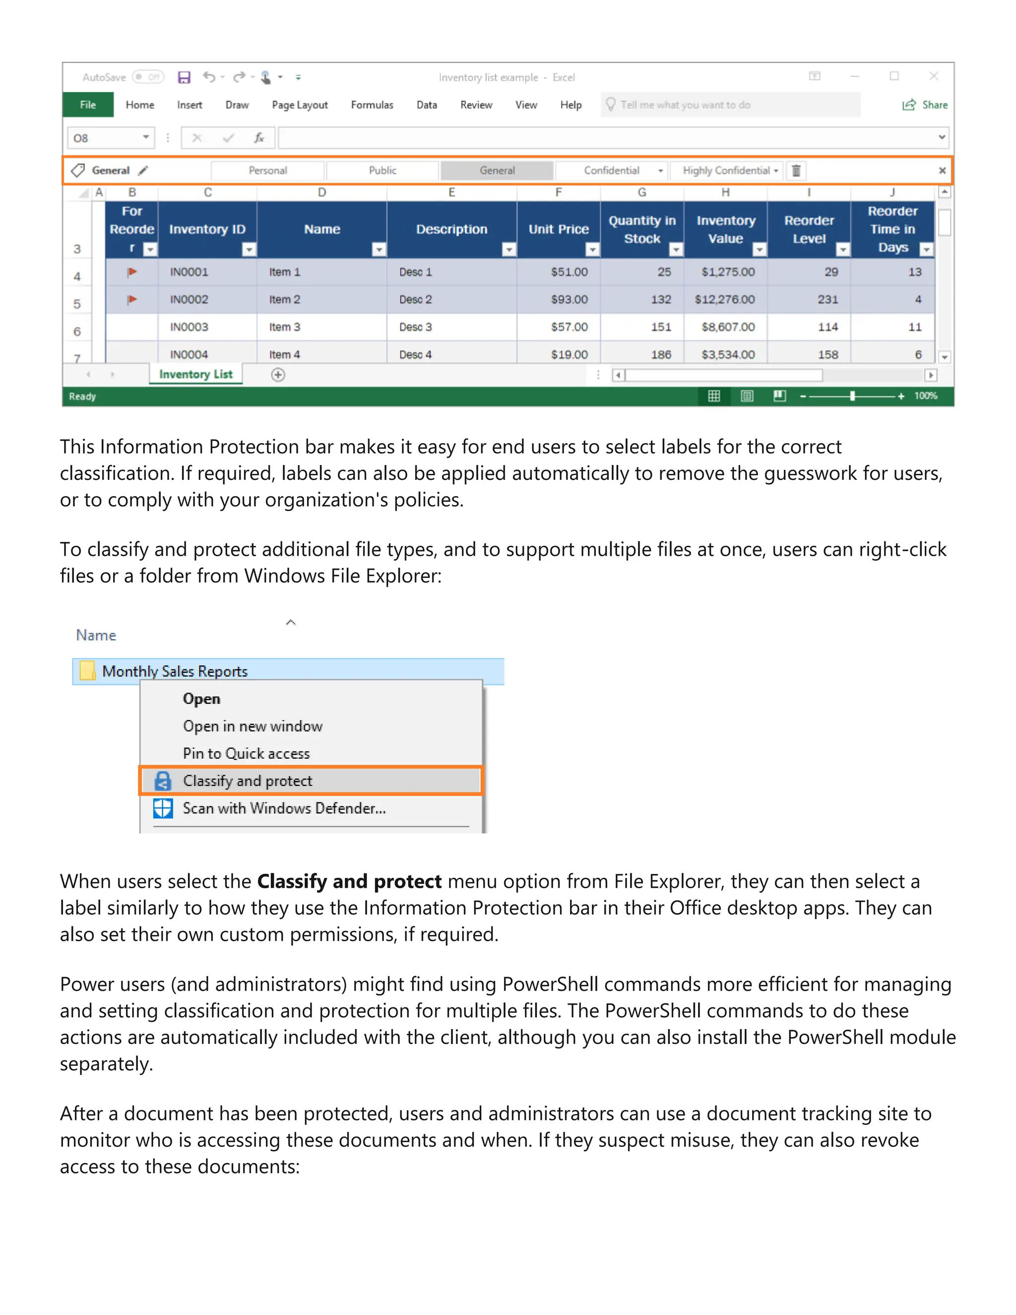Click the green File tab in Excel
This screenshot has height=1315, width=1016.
coord(88,105)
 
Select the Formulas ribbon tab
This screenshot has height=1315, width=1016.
coord(372,105)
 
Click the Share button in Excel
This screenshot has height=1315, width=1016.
coord(925,105)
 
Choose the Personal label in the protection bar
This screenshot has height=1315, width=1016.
coord(268,170)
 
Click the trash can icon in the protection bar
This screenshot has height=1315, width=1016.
coord(796,170)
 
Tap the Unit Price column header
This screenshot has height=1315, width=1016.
coord(558,229)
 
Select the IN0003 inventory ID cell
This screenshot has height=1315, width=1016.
coord(189,327)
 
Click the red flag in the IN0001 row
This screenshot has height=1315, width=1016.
coord(132,272)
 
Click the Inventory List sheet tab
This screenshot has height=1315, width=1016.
coord(195,374)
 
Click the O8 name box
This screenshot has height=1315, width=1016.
coord(105,138)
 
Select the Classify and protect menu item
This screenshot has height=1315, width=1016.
coord(248,781)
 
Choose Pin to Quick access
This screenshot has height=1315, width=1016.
coord(246,753)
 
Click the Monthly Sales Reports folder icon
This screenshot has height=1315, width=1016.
coord(88,671)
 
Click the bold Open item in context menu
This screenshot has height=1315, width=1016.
coord(201,699)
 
